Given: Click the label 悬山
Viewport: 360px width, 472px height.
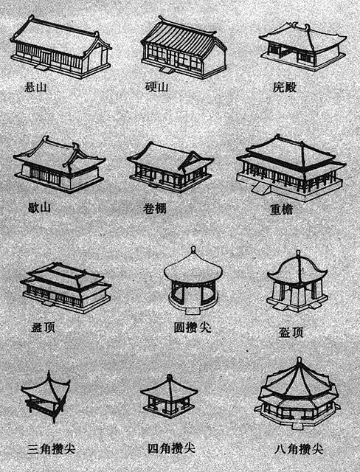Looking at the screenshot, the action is [35, 87].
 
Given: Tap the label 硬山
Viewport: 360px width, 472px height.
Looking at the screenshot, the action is [156, 87].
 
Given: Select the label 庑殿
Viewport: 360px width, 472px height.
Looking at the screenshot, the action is [285, 87].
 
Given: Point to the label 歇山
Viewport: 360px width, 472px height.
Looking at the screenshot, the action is [39, 207].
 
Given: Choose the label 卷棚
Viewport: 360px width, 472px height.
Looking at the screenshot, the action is [155, 208].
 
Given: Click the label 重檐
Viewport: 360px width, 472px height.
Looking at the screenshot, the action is [281, 209].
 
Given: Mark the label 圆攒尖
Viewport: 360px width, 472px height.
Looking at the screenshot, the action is [193, 327].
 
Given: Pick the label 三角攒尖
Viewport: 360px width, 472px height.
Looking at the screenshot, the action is [51, 449].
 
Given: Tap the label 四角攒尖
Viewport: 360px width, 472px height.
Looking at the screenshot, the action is [172, 448].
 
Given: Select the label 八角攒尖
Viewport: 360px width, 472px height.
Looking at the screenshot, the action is [299, 449].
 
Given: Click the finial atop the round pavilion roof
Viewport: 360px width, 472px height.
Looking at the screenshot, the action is [193, 251].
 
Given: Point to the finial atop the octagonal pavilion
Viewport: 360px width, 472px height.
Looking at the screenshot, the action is [299, 361].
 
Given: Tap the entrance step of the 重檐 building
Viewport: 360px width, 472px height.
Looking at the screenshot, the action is [261, 189].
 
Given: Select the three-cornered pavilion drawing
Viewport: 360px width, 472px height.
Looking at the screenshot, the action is [46, 397].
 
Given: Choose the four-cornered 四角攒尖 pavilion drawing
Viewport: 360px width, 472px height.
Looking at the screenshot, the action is [169, 396].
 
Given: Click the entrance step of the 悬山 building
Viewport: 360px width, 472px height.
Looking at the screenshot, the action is [41, 67].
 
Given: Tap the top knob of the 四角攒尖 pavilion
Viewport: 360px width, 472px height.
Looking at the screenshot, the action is [170, 378].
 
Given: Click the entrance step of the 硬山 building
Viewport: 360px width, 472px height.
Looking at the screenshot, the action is [167, 70].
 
